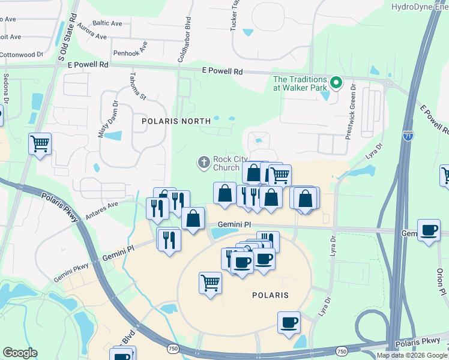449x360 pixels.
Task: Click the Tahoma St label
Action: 137,86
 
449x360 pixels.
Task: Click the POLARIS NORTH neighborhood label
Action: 168,121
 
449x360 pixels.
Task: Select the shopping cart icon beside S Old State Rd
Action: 40,143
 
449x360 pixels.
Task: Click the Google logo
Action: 20,353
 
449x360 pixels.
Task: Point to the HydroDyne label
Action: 419,7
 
